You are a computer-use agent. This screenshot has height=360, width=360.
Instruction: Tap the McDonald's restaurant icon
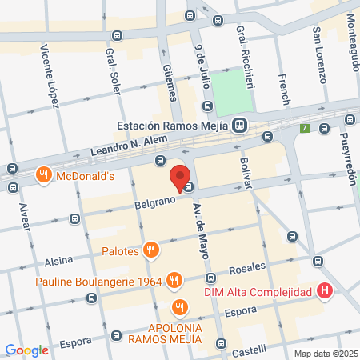pyautogui.click(x=44, y=174)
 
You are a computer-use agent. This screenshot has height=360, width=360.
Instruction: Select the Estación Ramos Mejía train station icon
pyautogui.click(x=239, y=126)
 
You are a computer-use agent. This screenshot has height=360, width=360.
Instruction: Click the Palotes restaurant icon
pyautogui.click(x=150, y=251)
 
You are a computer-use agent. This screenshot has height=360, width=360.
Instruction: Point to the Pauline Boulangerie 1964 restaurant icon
pyautogui.click(x=174, y=281)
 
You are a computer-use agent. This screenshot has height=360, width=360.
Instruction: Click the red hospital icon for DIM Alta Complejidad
pyautogui.click(x=324, y=293)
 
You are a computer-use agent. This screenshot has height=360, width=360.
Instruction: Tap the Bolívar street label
pyautogui.click(x=246, y=174)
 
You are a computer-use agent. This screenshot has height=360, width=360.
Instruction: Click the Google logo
pyautogui.click(x=27, y=350)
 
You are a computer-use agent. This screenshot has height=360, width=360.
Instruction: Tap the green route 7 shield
pyautogui.click(x=304, y=128)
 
